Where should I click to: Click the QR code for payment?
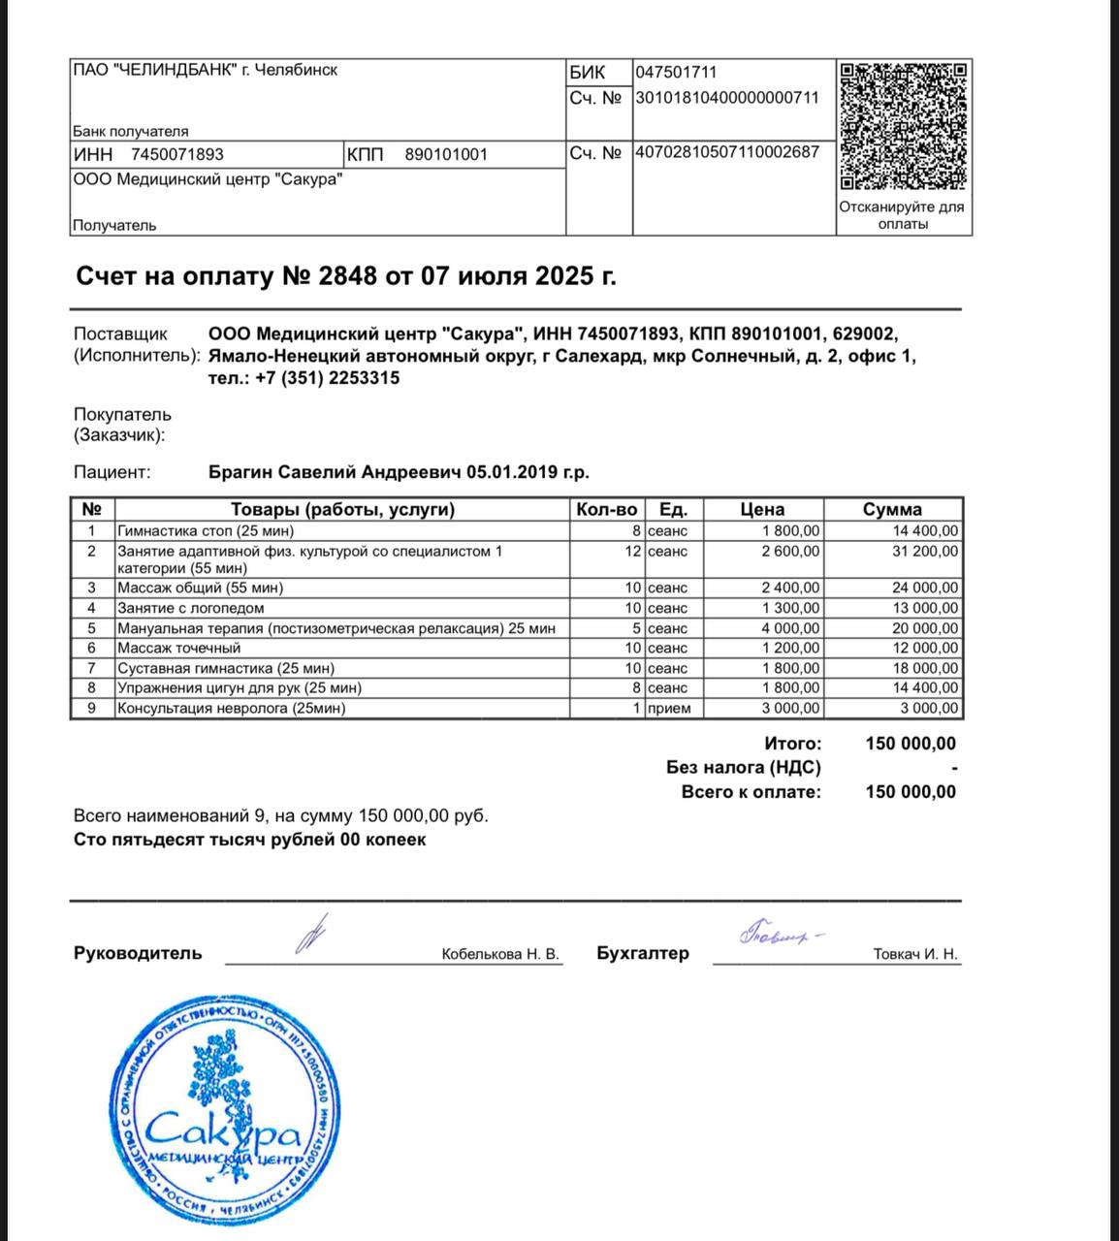[904, 126]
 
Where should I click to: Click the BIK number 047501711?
[676, 72]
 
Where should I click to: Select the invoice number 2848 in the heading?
[346, 276]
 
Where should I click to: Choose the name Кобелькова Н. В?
[500, 954]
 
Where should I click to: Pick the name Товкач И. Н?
[915, 954]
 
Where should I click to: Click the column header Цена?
[762, 509]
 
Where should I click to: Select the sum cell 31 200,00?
[925, 551]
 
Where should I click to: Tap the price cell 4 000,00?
[791, 628]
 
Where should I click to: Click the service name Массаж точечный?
[178, 648]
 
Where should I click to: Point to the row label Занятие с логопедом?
[190, 608]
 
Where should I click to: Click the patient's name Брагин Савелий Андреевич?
[336, 472]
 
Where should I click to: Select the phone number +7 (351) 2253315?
[328, 378]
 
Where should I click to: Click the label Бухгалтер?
[643, 952]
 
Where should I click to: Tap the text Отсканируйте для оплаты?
[902, 215]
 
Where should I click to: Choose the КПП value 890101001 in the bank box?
[446, 154]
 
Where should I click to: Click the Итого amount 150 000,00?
[910, 744]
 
